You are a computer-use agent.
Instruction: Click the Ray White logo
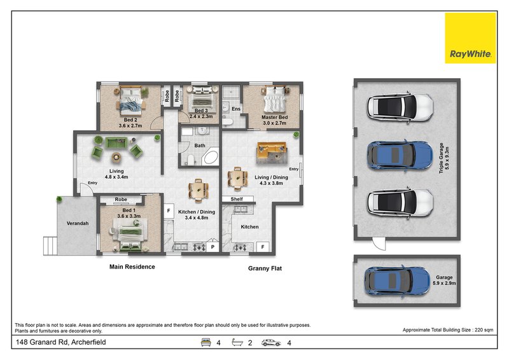(470, 38)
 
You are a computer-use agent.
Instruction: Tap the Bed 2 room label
(130, 120)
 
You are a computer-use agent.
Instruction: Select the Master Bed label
(275, 117)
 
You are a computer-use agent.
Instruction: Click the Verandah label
(78, 223)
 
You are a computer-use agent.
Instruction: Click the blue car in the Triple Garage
(400, 155)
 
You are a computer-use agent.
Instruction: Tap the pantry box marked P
(213, 247)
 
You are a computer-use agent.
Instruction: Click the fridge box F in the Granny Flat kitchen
(263, 247)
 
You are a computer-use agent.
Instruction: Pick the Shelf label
(237, 199)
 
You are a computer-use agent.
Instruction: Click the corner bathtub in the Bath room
(210, 157)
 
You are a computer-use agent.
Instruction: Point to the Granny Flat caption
(265, 268)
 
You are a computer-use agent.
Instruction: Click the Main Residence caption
(132, 267)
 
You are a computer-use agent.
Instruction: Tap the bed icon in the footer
(206, 342)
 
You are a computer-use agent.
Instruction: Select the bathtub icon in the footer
(237, 342)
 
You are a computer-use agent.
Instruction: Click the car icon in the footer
(271, 343)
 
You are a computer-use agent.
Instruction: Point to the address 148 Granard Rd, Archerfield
(61, 342)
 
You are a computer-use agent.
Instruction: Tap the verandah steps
(50, 246)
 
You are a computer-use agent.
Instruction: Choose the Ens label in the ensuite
(236, 109)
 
